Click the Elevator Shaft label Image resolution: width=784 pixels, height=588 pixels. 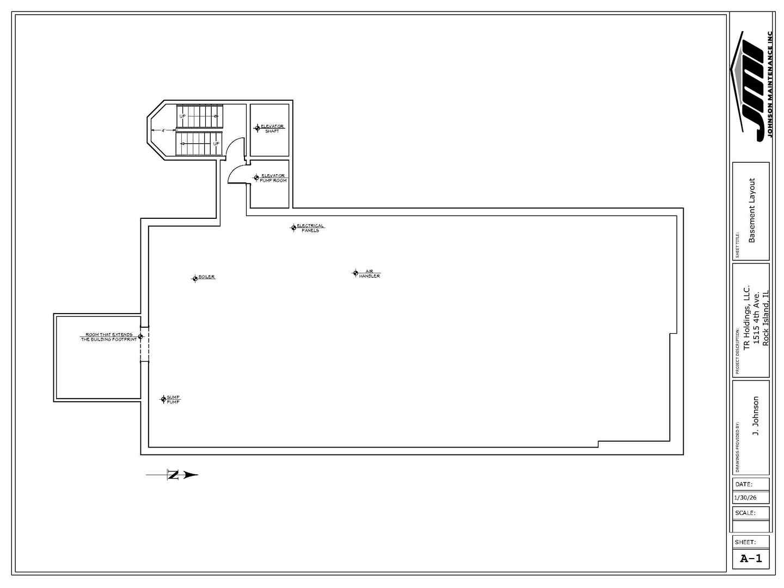click(272, 129)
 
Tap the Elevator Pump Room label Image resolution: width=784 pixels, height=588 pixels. click(273, 178)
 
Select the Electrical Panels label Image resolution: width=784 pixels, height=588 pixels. click(310, 228)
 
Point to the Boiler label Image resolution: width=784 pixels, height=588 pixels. click(207, 277)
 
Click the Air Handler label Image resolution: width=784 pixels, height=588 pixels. click(369, 274)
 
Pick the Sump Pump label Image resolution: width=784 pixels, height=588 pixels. click(173, 400)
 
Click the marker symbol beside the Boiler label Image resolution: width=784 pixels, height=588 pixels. click(195, 279)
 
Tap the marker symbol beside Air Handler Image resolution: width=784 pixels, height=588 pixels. click(356, 273)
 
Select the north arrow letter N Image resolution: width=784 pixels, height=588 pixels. click(173, 475)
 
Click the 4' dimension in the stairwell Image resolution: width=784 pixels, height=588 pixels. click(163, 131)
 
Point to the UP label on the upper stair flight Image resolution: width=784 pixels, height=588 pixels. click(182, 117)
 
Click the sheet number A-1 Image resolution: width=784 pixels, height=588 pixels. click(751, 559)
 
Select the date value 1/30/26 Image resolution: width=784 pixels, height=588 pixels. click(745, 498)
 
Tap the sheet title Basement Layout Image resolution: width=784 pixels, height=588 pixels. click(752, 211)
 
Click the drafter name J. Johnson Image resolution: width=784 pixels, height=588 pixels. click(756, 416)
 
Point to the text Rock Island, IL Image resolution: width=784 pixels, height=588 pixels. click(765, 318)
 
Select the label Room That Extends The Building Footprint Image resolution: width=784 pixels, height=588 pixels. click(108, 337)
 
